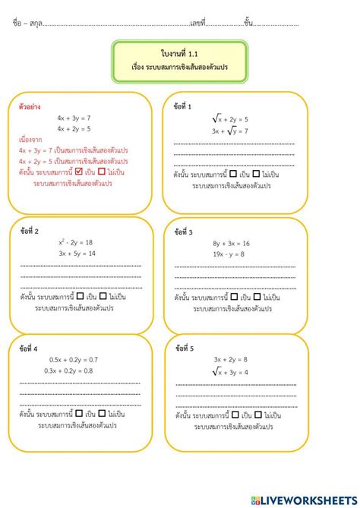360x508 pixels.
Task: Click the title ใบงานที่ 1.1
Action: pos(179,52)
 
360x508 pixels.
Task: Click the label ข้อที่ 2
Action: pos(31,231)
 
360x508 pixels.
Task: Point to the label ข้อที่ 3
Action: pos(184,232)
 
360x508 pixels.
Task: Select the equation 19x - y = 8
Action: pos(229,254)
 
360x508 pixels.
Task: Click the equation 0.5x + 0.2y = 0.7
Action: pos(73,359)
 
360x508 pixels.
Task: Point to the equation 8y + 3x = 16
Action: pos(231,243)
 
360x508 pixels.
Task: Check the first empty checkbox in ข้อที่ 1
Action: pos(233,172)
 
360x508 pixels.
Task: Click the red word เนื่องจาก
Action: pos(31,140)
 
